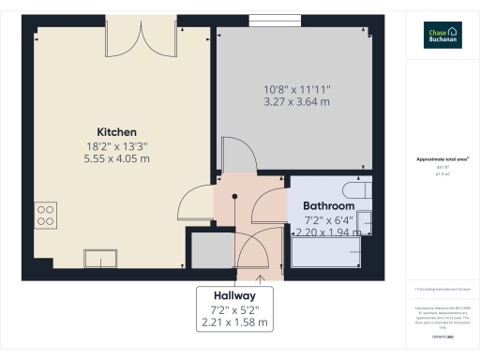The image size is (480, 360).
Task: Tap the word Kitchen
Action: pyautogui.click(x=117, y=132)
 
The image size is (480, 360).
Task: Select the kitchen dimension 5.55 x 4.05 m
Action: pyautogui.click(x=117, y=159)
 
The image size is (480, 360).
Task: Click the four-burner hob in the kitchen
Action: pyautogui.click(x=44, y=217)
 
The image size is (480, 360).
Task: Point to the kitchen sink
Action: pyautogui.click(x=99, y=257)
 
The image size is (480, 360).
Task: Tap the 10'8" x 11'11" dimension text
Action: pyautogui.click(x=296, y=89)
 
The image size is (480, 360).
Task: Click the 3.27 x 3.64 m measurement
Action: pyautogui.click(x=296, y=102)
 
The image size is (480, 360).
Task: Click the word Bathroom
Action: pyautogui.click(x=328, y=205)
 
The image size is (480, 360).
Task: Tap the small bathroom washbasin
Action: pyautogui.click(x=366, y=222)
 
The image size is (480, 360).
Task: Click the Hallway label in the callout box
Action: pyautogui.click(x=235, y=294)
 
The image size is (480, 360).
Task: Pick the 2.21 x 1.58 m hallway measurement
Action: pyautogui.click(x=235, y=322)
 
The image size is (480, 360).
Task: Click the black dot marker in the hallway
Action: pyautogui.click(x=235, y=196)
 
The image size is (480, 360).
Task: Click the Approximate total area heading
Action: pyautogui.click(x=442, y=159)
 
